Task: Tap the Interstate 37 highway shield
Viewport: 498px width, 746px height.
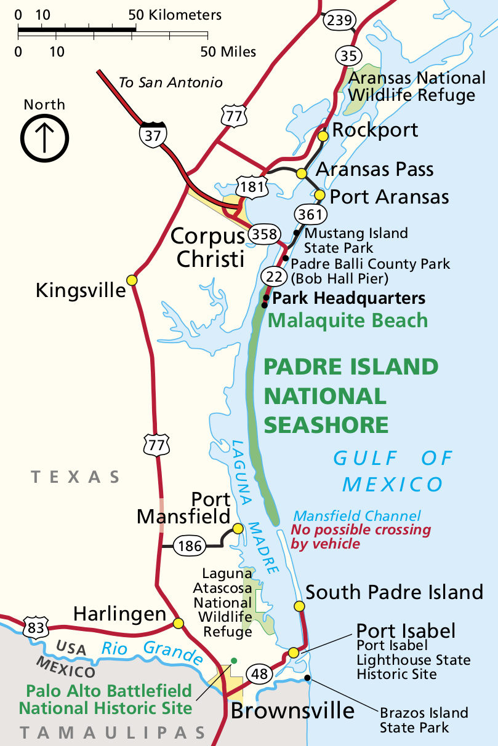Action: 152,133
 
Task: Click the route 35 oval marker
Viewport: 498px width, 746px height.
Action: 348,56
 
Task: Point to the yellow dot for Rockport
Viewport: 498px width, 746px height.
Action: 323,136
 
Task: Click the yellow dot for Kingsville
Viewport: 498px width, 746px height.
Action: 131,280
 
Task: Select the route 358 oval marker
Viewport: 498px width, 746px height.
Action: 265,234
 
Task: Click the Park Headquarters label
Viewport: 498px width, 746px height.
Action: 348,298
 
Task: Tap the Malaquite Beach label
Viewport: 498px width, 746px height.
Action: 348,320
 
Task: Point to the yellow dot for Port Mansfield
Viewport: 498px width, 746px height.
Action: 238,528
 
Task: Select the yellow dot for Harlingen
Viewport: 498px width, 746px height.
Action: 179,623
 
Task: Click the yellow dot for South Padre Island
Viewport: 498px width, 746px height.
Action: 299,606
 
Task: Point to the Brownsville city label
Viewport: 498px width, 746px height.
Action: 292,711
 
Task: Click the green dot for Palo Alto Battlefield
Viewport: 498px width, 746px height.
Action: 233,661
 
